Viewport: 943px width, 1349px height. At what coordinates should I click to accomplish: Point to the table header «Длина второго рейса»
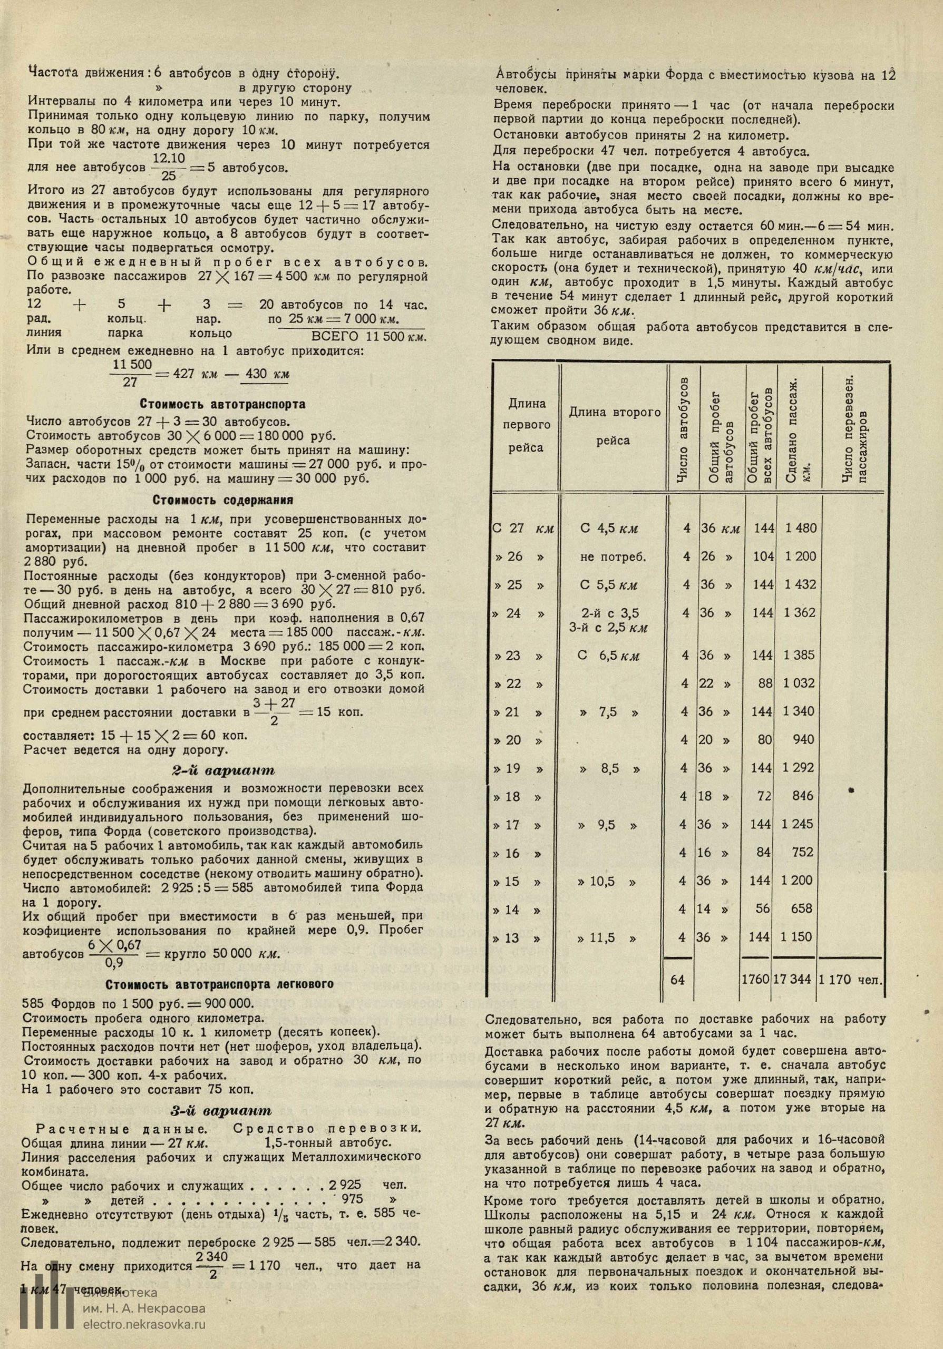(614, 426)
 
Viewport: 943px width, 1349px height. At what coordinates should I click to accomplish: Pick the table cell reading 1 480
(800, 528)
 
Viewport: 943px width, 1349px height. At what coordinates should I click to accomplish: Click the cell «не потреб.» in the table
(613, 556)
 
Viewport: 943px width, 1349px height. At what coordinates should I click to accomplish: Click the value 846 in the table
(802, 796)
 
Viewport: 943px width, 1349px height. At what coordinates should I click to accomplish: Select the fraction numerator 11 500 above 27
(132, 364)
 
